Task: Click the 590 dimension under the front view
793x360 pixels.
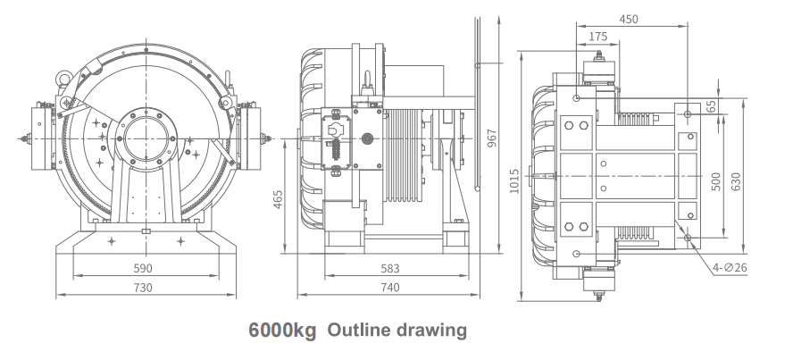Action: (143, 268)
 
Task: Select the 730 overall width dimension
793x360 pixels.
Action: (142, 287)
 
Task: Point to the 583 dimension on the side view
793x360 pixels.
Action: (389, 268)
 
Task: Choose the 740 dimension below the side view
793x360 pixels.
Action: (388, 287)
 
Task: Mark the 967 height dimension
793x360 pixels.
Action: (490, 138)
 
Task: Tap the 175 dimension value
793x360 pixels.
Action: (600, 36)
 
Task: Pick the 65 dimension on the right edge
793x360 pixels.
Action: (736, 105)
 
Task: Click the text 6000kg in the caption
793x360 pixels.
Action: (281, 331)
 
